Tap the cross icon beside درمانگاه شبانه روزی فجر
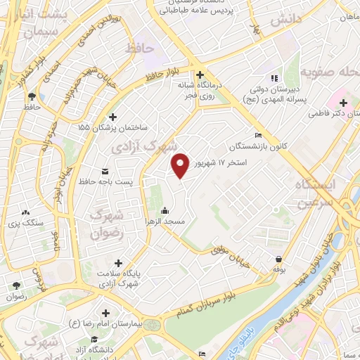point(200,75)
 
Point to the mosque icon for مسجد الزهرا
point(165,210)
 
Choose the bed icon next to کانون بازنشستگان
point(259,136)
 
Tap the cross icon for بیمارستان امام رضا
point(105,313)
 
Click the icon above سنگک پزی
point(27,212)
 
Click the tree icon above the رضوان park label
point(16,285)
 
